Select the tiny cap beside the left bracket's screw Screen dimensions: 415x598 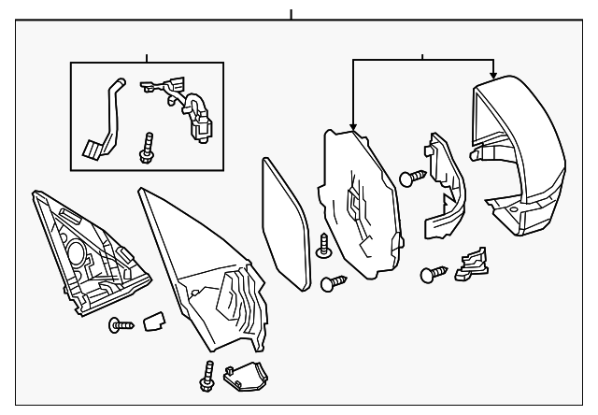(151, 322)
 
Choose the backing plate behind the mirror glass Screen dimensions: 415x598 (360, 206)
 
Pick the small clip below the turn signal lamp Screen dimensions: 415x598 (469, 265)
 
